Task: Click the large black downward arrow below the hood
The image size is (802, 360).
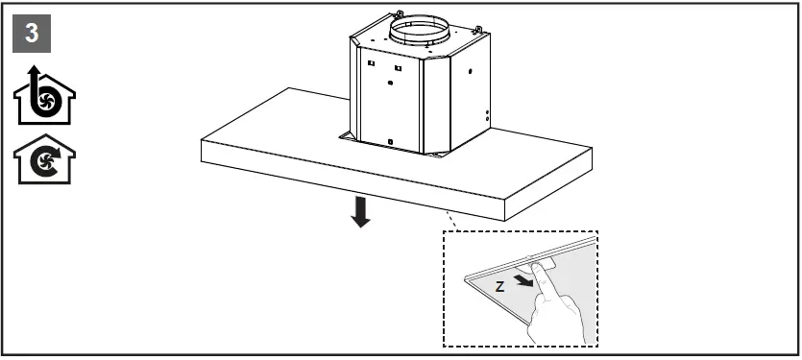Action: tap(360, 211)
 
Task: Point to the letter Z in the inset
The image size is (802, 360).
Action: tap(499, 286)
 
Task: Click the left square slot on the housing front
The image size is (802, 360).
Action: tap(369, 65)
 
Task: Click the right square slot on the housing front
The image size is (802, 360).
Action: tap(397, 68)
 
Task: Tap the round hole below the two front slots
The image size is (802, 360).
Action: tap(389, 84)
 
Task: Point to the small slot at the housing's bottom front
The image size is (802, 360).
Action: tap(389, 141)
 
